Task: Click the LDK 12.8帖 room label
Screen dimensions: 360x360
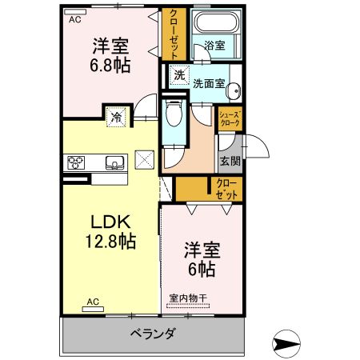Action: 110,230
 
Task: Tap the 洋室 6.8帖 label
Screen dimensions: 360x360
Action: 111,54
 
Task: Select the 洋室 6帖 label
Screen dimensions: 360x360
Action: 200,259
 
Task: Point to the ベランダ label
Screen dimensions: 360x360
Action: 152,334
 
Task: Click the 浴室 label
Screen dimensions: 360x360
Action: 214,46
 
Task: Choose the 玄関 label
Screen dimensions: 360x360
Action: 230,159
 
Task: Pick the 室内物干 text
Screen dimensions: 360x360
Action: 187,299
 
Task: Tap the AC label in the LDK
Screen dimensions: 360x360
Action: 92,302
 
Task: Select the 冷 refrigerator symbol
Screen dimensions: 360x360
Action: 117,118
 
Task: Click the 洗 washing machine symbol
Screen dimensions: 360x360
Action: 180,76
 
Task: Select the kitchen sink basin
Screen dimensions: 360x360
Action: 114,163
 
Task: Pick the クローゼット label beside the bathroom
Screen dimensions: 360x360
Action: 174,34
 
